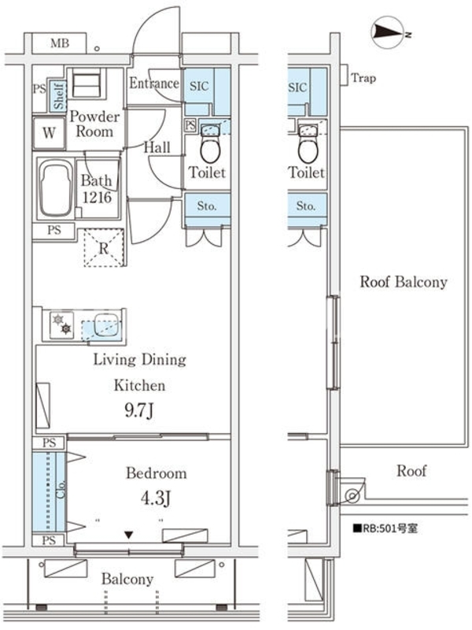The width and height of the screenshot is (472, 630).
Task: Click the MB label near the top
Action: pos(60,43)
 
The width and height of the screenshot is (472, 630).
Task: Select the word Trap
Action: pos(363,77)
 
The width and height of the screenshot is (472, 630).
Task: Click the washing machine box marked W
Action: pos(49,133)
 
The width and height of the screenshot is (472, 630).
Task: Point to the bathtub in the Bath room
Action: pos(56,189)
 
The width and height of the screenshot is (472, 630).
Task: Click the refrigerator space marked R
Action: pos(104,248)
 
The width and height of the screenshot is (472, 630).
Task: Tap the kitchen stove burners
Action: pos(62,324)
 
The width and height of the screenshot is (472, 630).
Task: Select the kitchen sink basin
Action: pos(106,325)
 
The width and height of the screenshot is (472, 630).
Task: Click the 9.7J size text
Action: pos(139,410)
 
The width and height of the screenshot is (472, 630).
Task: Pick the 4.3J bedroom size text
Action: pos(156,498)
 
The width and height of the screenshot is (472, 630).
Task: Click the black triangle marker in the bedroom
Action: pos(128,535)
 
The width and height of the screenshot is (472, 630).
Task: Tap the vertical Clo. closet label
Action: pos(61,490)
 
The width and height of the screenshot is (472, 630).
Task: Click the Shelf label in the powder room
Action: pos(58,95)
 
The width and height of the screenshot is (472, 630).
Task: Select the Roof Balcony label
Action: pos(404,282)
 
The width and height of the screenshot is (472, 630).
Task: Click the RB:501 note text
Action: pos(385,528)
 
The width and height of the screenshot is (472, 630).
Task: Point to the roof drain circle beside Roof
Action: pos(352,496)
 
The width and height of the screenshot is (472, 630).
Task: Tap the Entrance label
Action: pos(154,83)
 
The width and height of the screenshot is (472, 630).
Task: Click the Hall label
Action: pos(157,147)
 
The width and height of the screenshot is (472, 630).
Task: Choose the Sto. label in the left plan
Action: pos(207,206)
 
